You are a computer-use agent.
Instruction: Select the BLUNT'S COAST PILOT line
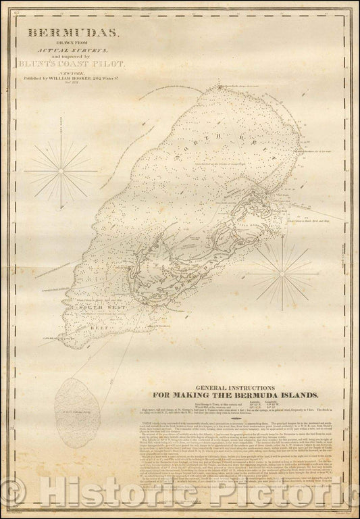(74, 63)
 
